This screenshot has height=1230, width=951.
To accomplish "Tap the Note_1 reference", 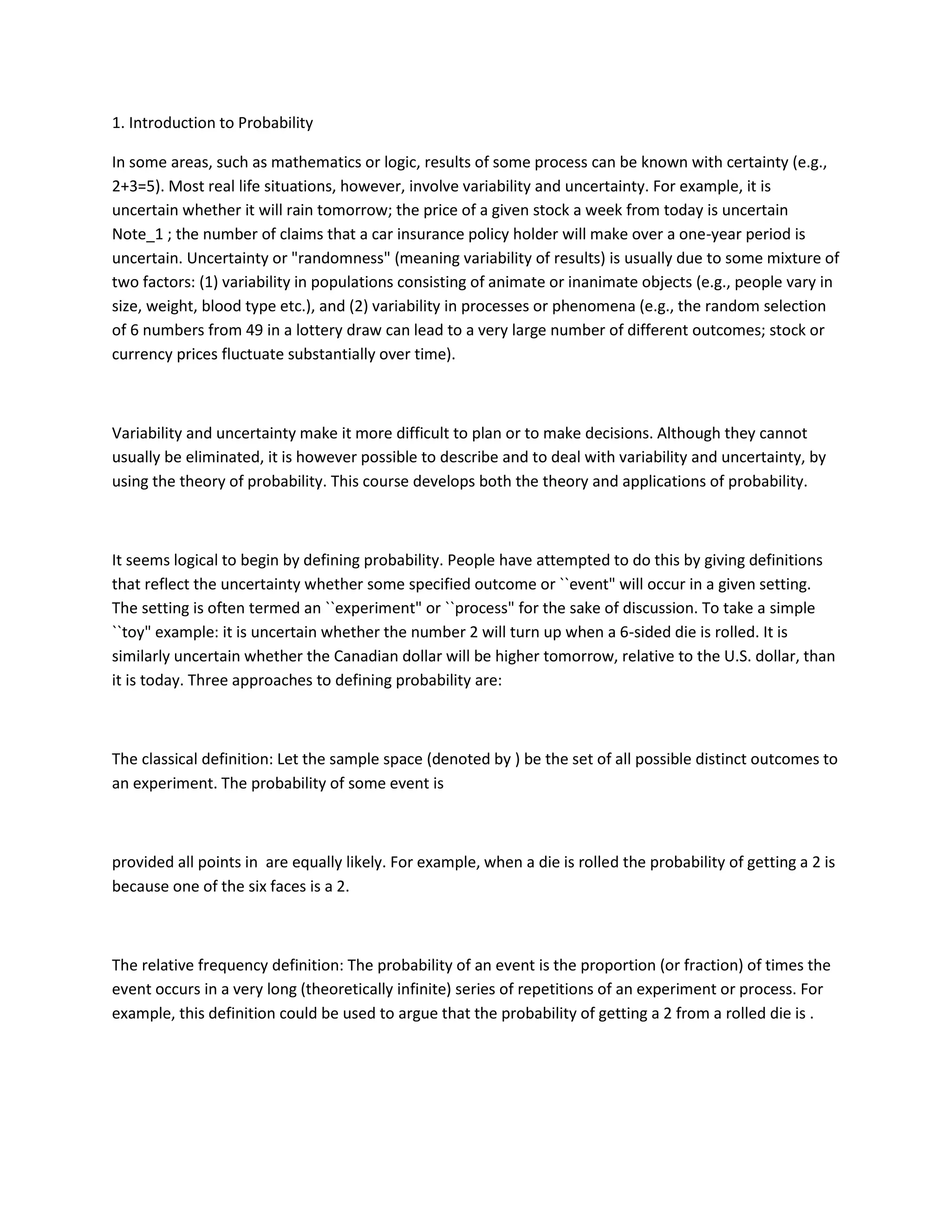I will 137,234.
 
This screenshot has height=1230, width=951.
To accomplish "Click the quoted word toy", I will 132,633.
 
